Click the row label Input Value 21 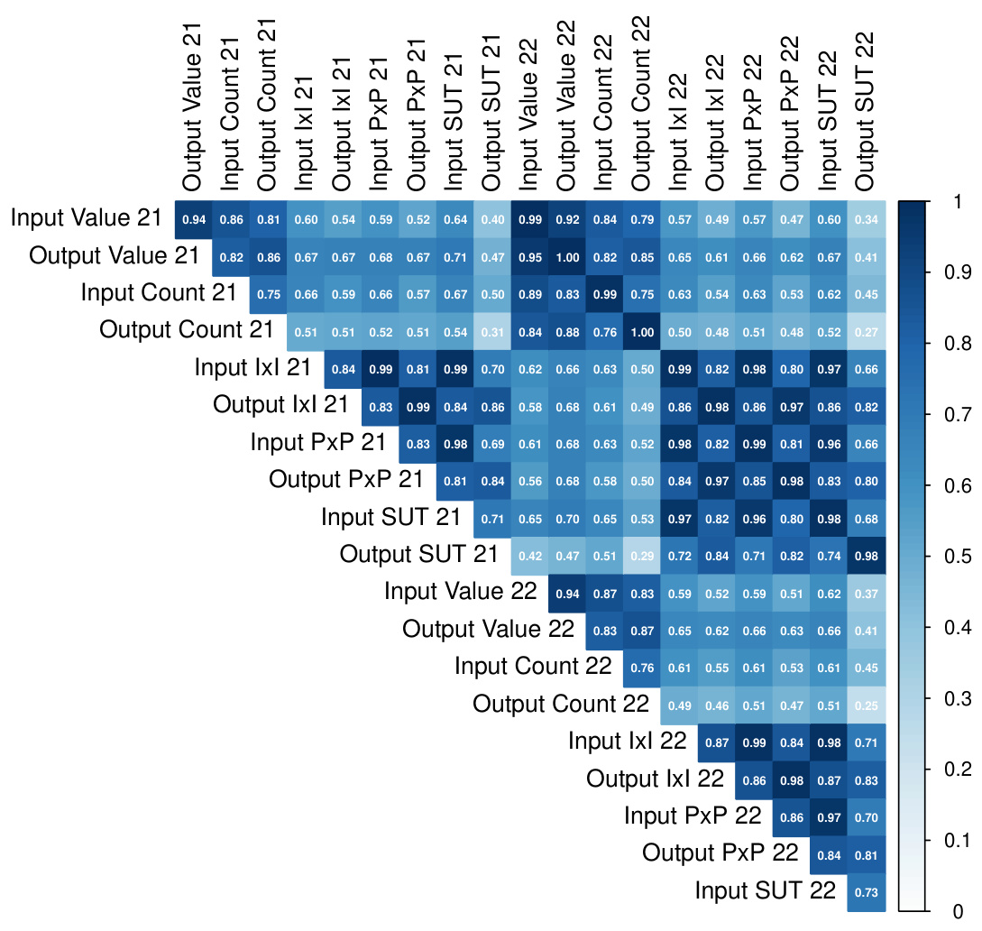(87, 217)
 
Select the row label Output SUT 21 (418, 554)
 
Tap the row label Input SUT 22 (766, 891)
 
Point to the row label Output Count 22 (561, 704)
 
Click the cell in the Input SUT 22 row (867, 891)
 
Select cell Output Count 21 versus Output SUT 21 (492, 330)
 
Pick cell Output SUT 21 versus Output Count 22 (642, 555)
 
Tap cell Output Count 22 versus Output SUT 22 (867, 705)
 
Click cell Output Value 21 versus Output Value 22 (567, 255)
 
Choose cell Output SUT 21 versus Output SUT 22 (867, 555)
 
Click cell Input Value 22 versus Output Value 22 (567, 592)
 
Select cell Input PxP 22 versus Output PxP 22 (792, 816)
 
